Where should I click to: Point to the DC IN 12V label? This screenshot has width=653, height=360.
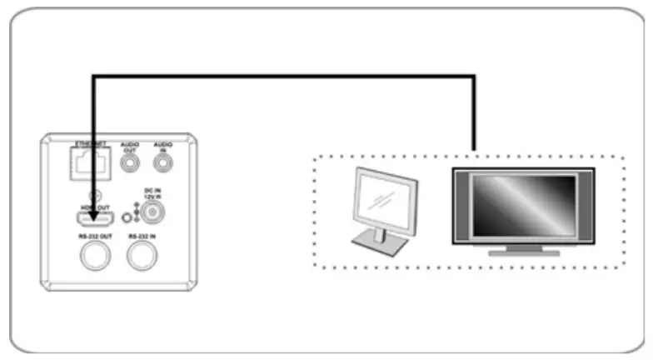(152, 192)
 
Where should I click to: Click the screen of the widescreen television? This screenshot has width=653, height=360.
(523, 204)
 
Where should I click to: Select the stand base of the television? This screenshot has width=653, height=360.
(522, 251)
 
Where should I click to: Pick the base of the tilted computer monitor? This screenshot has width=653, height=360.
(379, 244)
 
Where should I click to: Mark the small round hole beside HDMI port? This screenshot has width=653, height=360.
(126, 218)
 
